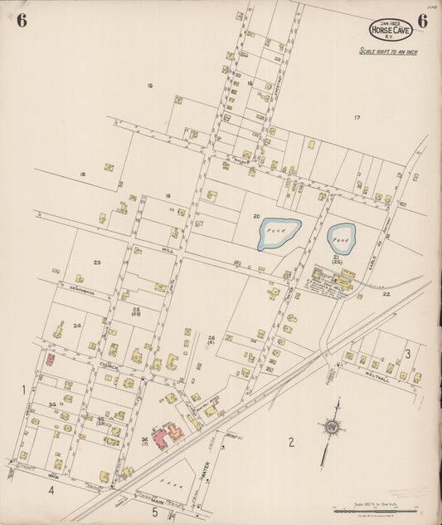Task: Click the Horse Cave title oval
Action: point(392,31)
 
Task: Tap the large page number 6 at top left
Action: point(21,22)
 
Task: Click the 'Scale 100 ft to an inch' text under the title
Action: point(388,52)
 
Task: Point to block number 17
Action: point(357,117)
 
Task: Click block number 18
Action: point(82,174)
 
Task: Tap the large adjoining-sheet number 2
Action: point(291,441)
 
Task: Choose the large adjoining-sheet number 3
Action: point(408,354)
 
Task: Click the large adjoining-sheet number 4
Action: point(51,490)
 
